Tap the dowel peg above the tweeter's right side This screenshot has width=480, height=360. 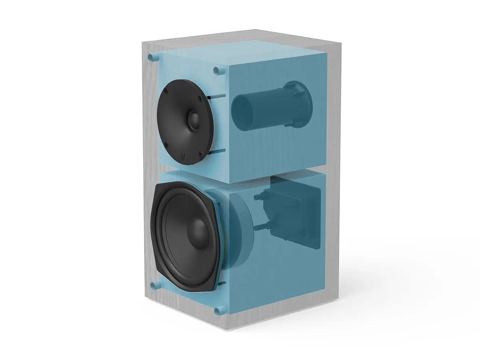pos(217,70)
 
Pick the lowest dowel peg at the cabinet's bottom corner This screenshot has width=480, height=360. pos(219,311)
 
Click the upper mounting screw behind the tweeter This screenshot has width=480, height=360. pos(216,96)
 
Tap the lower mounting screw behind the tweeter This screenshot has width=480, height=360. pos(217,151)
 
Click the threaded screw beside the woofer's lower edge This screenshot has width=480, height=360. pos(222,284)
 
